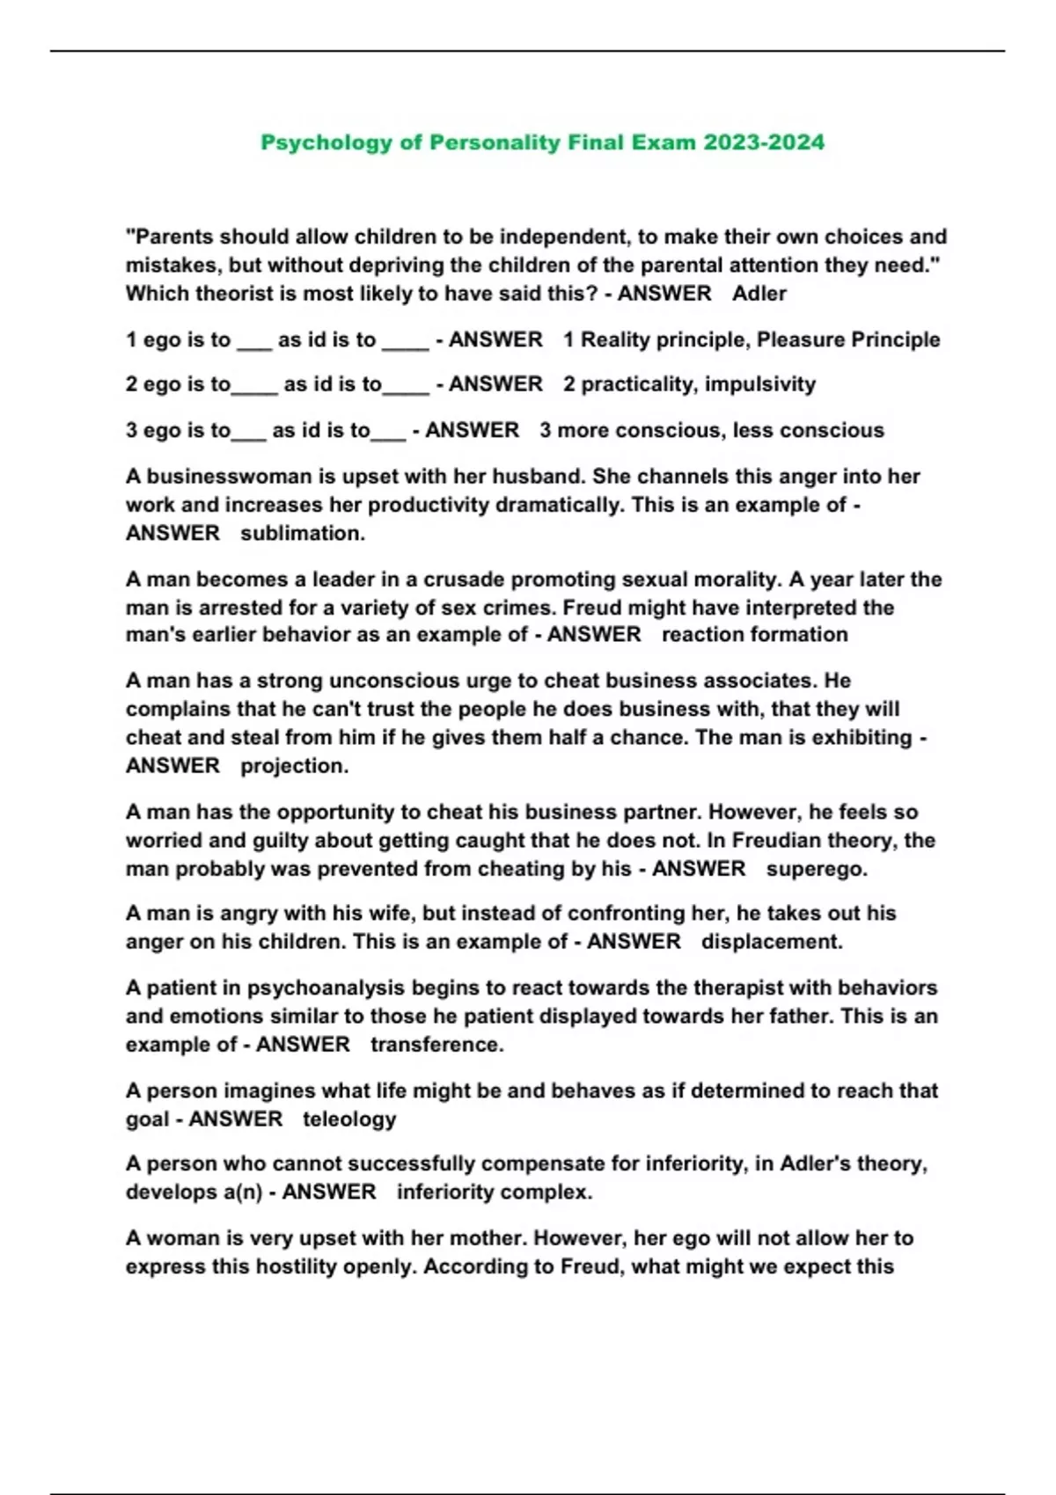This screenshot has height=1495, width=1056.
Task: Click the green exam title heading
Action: point(542,142)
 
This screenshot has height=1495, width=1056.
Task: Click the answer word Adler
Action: point(759,294)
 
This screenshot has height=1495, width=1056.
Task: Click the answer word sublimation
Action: point(303,533)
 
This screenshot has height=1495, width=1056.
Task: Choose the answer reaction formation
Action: point(755,635)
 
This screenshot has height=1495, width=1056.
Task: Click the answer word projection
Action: point(295,766)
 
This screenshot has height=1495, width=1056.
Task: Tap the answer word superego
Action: point(817,869)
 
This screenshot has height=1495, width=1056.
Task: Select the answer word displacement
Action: point(772,942)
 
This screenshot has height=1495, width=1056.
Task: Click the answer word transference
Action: point(437,1045)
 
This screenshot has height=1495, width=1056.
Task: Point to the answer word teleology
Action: point(349,1119)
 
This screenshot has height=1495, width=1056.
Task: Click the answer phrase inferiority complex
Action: point(495,1192)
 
